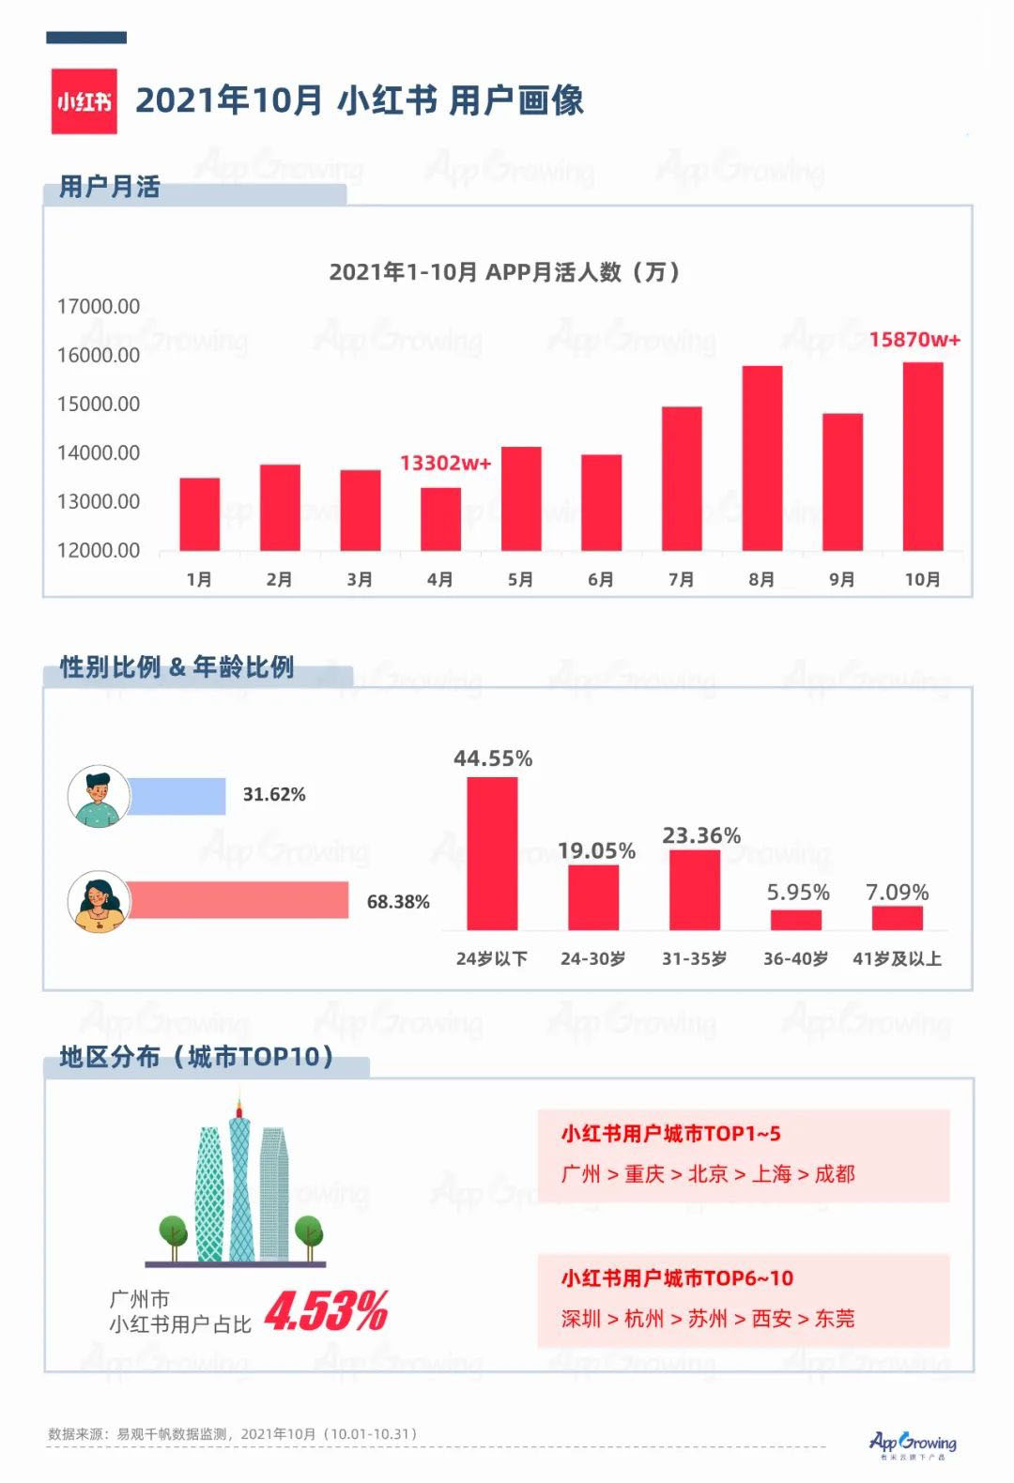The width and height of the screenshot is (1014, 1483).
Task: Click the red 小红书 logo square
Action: tap(84, 101)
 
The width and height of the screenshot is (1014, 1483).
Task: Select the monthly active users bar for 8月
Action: tap(761, 458)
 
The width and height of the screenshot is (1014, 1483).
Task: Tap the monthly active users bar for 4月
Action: tap(440, 519)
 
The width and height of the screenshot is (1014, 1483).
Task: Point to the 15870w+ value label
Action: tap(914, 340)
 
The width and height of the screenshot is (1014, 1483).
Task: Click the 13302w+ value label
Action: tap(446, 463)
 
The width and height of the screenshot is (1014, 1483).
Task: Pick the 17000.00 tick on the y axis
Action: tap(99, 307)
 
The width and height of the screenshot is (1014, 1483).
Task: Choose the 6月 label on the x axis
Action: tap(601, 579)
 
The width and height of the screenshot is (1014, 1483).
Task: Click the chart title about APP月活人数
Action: tap(504, 271)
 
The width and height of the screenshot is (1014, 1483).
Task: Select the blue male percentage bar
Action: tap(177, 796)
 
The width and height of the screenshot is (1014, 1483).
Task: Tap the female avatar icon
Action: tap(99, 902)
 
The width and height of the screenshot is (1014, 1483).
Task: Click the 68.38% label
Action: tap(398, 902)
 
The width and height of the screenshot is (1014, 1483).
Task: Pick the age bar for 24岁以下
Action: tap(492, 853)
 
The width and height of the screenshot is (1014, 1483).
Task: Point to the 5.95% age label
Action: tap(798, 893)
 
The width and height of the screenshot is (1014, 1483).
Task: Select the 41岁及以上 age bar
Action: tap(898, 918)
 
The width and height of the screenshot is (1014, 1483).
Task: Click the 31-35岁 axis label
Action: tap(694, 958)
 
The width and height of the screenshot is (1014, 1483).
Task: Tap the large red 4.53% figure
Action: tap(326, 1310)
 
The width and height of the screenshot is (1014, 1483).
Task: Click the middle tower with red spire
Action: tap(239, 1179)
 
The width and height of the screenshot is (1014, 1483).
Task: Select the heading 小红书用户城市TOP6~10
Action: tap(677, 1277)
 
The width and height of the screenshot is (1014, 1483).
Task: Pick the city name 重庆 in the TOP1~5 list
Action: tap(644, 1174)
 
